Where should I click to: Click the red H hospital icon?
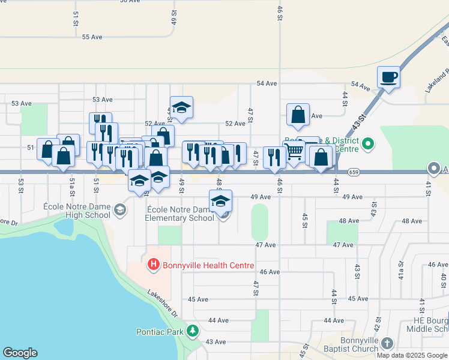[x=153, y=264]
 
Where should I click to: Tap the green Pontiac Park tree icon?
[x=193, y=331]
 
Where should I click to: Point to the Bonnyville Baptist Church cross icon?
[x=387, y=343]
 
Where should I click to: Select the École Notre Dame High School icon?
[x=120, y=209]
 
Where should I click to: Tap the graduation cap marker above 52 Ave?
[x=181, y=108]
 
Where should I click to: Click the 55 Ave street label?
[x=92, y=37]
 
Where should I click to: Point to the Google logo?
[x=20, y=353]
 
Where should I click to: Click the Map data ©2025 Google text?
[x=412, y=355]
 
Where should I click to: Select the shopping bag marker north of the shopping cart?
[x=298, y=115]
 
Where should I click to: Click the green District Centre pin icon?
[x=369, y=145]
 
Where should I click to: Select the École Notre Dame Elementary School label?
[x=179, y=213]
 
